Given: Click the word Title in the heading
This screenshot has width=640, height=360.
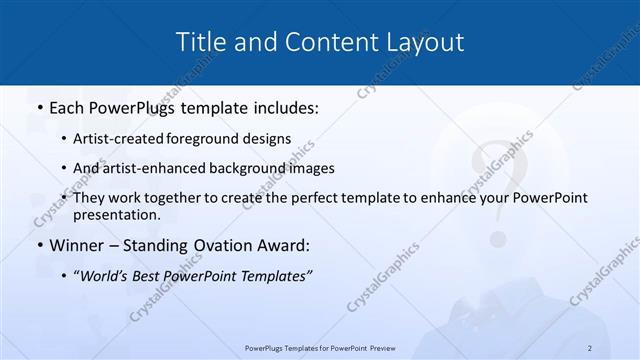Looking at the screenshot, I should pyautogui.click(x=198, y=42).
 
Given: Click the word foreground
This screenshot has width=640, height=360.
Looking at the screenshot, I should pyautogui.click(x=214, y=139).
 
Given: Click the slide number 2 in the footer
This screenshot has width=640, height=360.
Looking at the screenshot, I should pyautogui.click(x=590, y=348).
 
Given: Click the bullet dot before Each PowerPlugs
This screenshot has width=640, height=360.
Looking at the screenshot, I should pyautogui.click(x=38, y=106).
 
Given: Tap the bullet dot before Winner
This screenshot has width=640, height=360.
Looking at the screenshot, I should pyautogui.click(x=38, y=245).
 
